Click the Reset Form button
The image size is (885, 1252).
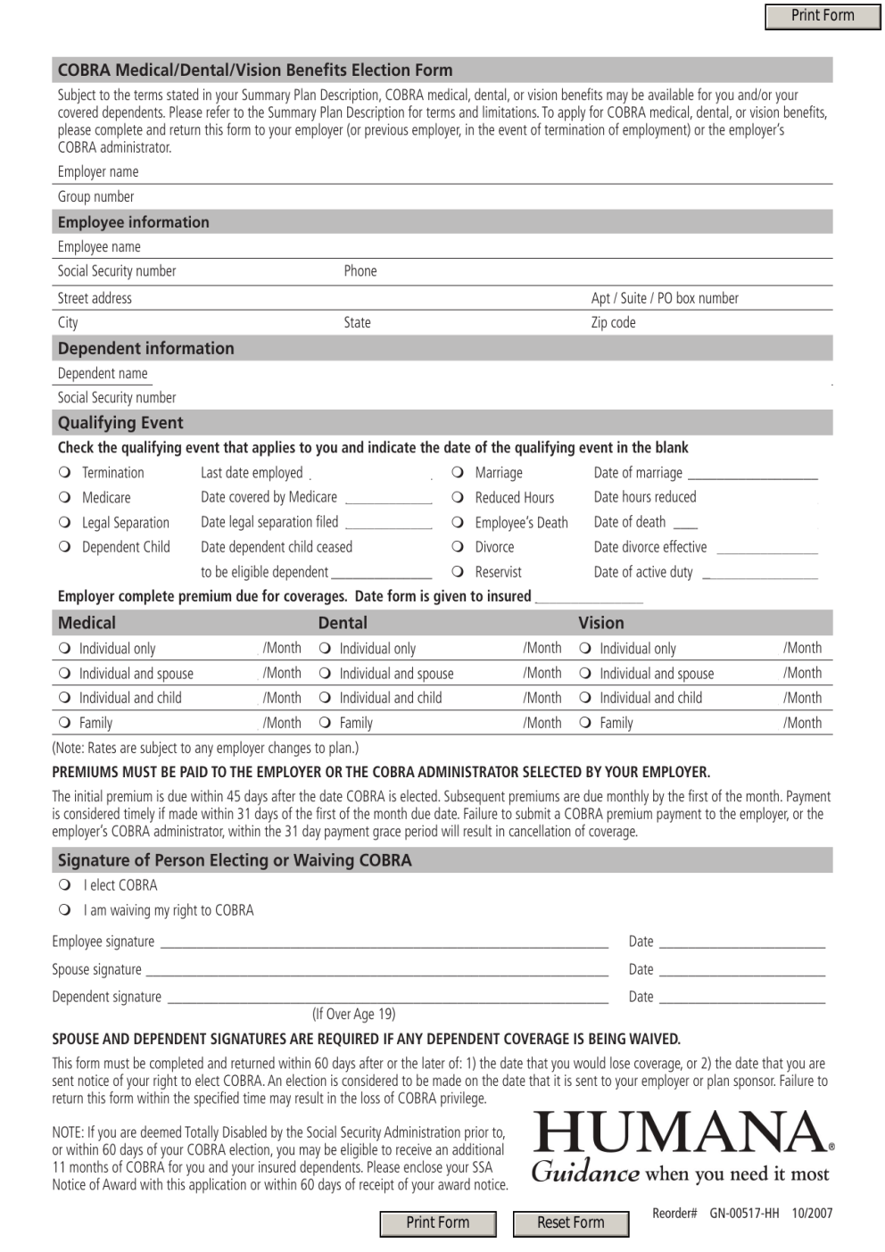pyautogui.click(x=571, y=1223)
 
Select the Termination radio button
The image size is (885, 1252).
pyautogui.click(x=65, y=472)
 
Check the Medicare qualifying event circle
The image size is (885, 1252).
pyautogui.click(x=65, y=497)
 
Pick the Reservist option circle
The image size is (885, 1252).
pyautogui.click(x=458, y=572)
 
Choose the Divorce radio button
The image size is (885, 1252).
pyautogui.click(x=458, y=547)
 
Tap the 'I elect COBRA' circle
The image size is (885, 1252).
pyautogui.click(x=65, y=885)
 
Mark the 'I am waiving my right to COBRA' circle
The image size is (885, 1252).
pyautogui.click(x=65, y=910)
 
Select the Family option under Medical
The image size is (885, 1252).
pyautogui.click(x=65, y=723)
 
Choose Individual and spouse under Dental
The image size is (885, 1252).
pyautogui.click(x=326, y=674)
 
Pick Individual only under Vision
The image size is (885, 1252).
pyautogui.click(x=586, y=649)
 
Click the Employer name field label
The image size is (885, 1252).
pyautogui.click(x=98, y=171)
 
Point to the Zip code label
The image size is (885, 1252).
pyautogui.click(x=613, y=322)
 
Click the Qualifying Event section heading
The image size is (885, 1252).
pyautogui.click(x=120, y=423)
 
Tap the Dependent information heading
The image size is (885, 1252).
pyautogui.click(x=145, y=348)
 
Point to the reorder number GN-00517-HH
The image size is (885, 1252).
pyautogui.click(x=744, y=1214)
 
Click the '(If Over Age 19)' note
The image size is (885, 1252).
pyautogui.click(x=353, y=1014)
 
